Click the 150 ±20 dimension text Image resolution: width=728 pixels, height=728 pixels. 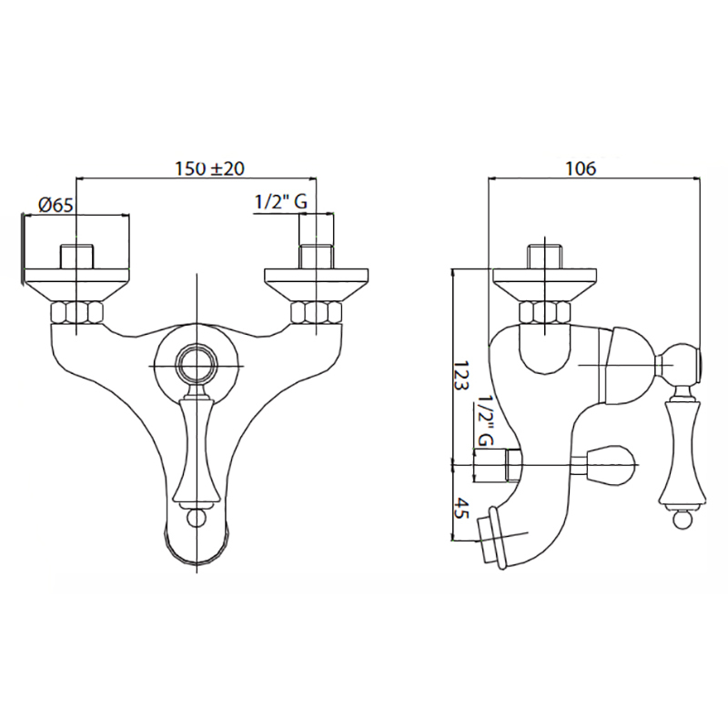pos(209,168)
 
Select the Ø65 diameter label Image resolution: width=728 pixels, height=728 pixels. pos(56,205)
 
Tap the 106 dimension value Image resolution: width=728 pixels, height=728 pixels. pos(581,168)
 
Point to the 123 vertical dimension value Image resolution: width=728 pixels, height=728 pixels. pos(462,376)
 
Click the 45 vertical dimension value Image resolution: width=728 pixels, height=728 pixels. pos(462,508)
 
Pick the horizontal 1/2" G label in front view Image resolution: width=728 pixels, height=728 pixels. pos(281,202)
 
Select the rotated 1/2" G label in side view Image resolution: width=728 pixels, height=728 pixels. pos(485,420)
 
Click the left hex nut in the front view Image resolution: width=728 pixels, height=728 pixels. pos(76,312)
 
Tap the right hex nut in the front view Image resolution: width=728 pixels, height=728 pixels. pos(316,312)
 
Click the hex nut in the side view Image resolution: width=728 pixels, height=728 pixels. pos(544,312)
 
